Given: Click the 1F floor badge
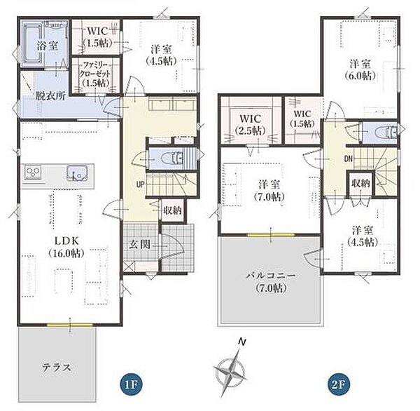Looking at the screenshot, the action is pyautogui.click(x=131, y=385).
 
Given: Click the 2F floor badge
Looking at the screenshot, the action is pyautogui.click(x=338, y=385).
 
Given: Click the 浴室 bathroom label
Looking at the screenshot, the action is pyautogui.click(x=48, y=46).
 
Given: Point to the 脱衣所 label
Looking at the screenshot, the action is pyautogui.click(x=50, y=96).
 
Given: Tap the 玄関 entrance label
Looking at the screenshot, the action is pyautogui.click(x=140, y=245).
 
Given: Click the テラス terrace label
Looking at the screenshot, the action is pyautogui.click(x=57, y=368).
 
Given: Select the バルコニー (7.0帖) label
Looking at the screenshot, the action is pyautogui.click(x=271, y=282).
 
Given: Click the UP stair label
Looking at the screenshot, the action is pyautogui.click(x=141, y=184).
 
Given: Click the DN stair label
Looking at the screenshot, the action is pyautogui.click(x=348, y=159).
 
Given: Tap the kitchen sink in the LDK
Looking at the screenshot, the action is pyautogui.click(x=77, y=173).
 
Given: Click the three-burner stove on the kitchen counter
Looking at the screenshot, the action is pyautogui.click(x=34, y=172).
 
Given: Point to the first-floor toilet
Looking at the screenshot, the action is pyautogui.click(x=174, y=159).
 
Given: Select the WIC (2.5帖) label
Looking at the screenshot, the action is pyautogui.click(x=250, y=124).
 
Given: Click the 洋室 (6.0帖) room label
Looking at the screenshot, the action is pyautogui.click(x=360, y=70).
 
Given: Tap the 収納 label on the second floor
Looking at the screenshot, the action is pyautogui.click(x=360, y=183).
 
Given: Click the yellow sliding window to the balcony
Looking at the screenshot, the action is pyautogui.click(x=271, y=235).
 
